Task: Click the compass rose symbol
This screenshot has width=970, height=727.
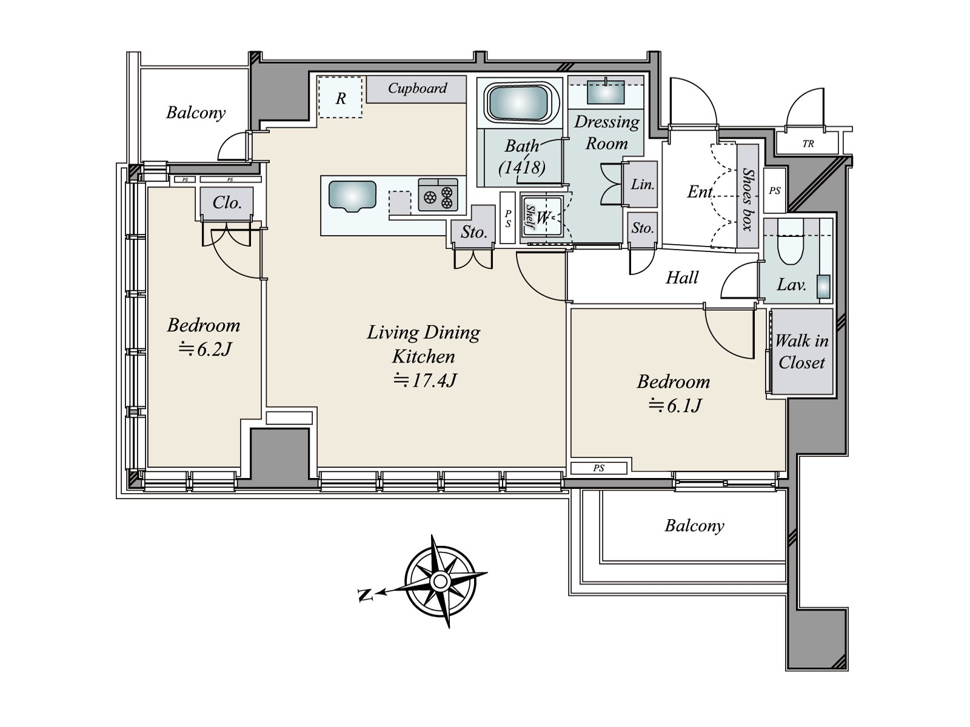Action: click(441, 582)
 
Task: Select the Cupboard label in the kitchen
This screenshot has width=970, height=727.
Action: click(417, 88)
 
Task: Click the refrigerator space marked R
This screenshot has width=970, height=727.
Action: click(341, 98)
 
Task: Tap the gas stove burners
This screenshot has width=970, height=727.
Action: click(438, 194)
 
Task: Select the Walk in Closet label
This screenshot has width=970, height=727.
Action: click(801, 352)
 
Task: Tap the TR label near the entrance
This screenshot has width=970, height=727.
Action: click(808, 144)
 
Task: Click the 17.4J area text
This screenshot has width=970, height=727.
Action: click(424, 380)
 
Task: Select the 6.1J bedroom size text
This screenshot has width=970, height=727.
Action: click(675, 405)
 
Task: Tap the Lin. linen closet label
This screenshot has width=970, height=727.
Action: click(642, 184)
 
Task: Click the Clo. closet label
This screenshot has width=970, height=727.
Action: click(227, 202)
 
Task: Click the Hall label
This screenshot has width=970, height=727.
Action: click(682, 278)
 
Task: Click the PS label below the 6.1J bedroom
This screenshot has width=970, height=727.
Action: click(598, 468)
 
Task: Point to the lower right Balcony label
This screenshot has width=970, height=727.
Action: click(694, 525)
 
